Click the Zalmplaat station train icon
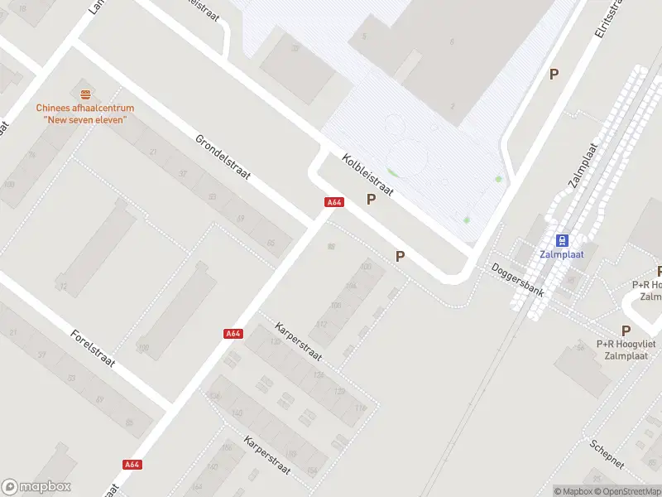(562, 240)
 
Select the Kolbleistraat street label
(367, 174)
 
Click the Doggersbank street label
(517, 280)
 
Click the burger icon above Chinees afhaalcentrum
(85, 94)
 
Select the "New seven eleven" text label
(84, 119)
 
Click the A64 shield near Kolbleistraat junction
(334, 202)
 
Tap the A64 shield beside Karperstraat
(233, 334)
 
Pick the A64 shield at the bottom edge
(132, 465)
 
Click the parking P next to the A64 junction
(372, 199)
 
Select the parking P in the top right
(554, 74)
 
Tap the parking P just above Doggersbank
(401, 257)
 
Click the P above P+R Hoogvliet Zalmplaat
(626, 331)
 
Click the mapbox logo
(36, 487)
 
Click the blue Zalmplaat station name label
(562, 254)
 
